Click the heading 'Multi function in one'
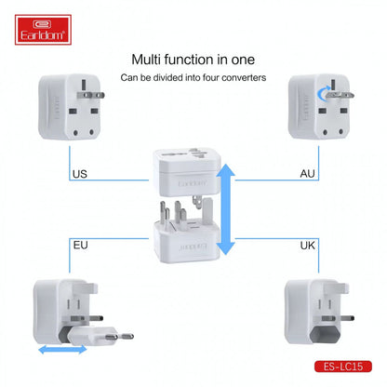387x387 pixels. pyautogui.click(x=193, y=59)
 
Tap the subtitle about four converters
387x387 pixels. pyautogui.click(x=193, y=77)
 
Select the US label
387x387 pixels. pyautogui.click(x=79, y=174)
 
